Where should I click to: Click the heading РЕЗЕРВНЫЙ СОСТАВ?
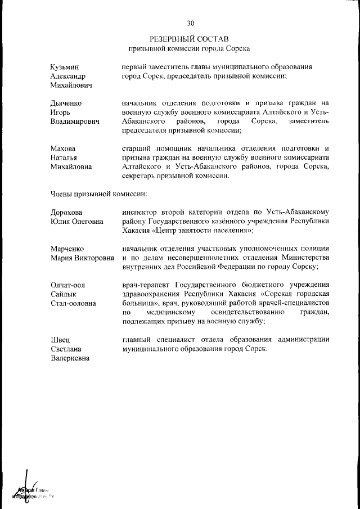click(190, 39)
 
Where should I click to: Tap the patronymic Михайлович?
click(71, 85)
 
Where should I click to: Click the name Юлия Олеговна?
click(77, 221)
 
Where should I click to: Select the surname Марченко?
click(68, 249)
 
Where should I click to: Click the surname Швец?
click(60, 340)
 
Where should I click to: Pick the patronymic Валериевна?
click(70, 358)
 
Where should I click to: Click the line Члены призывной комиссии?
click(98, 194)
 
